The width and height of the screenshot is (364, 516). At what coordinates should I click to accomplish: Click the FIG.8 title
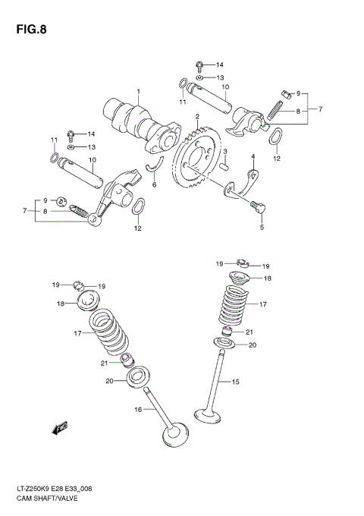pos(28,31)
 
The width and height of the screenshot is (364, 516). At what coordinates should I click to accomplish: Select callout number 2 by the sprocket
pos(196,117)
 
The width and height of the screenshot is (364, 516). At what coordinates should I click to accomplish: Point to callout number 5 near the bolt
pos(262,226)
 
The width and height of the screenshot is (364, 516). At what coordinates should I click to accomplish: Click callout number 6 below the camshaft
pos(155,184)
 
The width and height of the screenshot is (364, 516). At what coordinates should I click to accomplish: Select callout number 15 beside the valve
pos(236,382)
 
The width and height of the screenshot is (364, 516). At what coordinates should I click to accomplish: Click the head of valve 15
pos(207,414)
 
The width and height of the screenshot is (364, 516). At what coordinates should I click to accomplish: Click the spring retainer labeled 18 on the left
pos(90,302)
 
